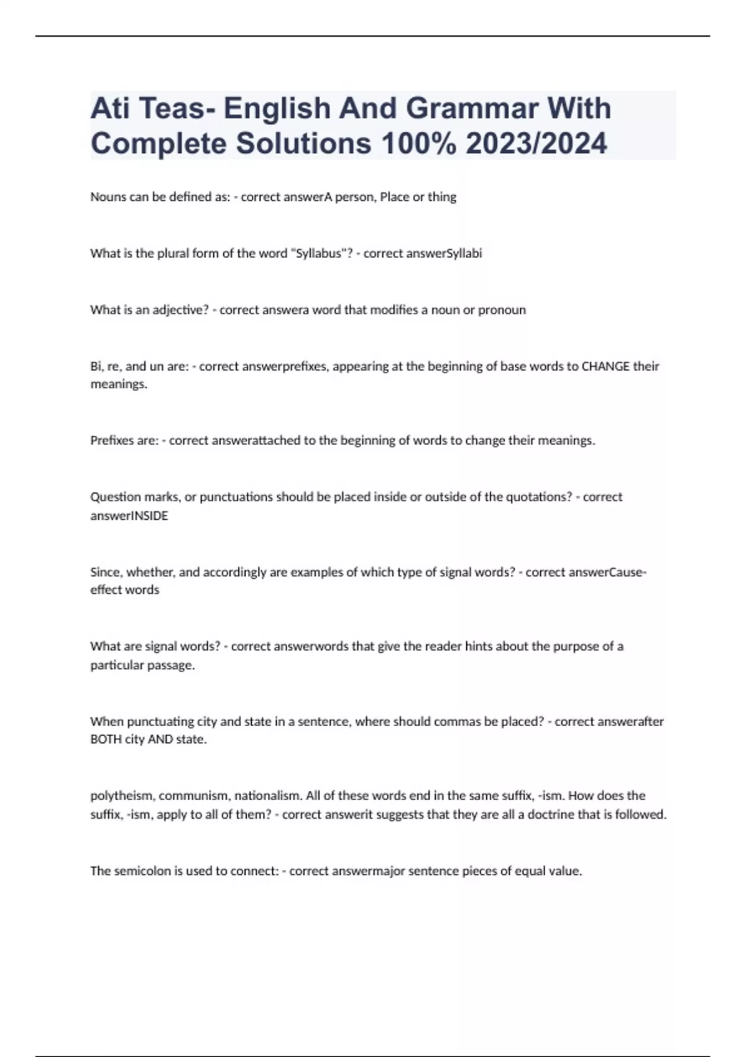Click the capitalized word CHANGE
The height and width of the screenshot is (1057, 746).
coord(606,366)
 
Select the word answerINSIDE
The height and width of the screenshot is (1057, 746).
coord(129,516)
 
